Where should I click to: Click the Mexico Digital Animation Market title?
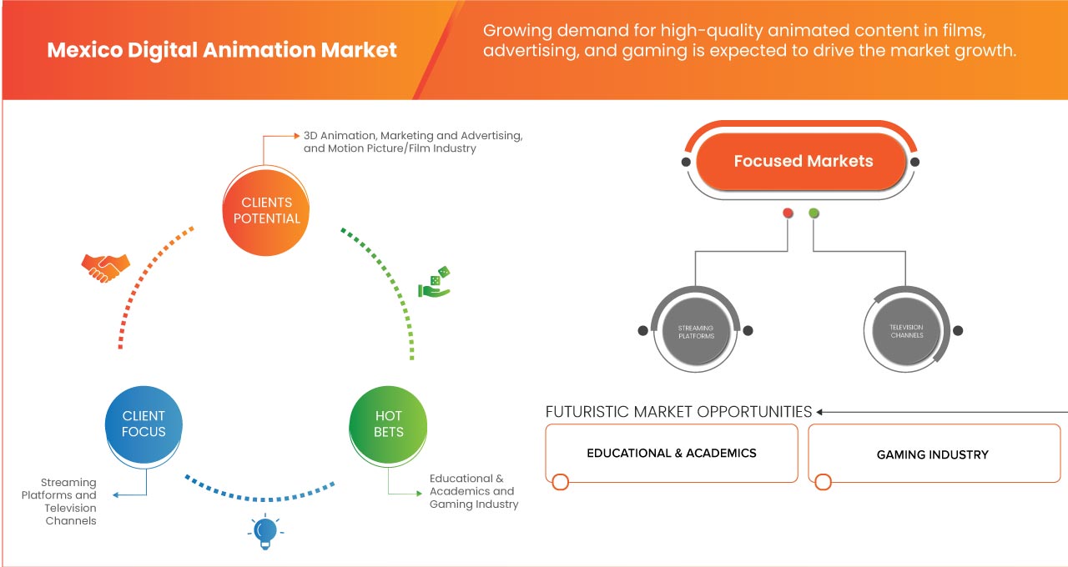[x=222, y=50]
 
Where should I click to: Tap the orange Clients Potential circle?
[x=266, y=210]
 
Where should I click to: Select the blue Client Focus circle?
[x=144, y=424]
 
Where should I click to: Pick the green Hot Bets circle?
[x=389, y=424]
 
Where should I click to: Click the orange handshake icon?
[x=105, y=267]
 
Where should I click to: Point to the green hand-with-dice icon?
[x=434, y=283]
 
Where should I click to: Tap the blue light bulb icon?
[x=264, y=532]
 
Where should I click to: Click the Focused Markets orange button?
[x=803, y=161]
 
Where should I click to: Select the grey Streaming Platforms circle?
[x=695, y=331]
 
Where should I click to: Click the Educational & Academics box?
[x=672, y=454]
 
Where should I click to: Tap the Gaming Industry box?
[x=933, y=454]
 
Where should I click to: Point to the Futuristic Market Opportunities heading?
[x=678, y=412]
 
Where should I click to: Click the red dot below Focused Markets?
[x=788, y=213]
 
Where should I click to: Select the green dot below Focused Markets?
[x=814, y=213]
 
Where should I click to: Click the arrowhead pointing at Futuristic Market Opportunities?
[x=821, y=412]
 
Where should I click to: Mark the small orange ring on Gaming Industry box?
[x=823, y=482]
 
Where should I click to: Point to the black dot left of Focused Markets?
[x=686, y=162]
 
